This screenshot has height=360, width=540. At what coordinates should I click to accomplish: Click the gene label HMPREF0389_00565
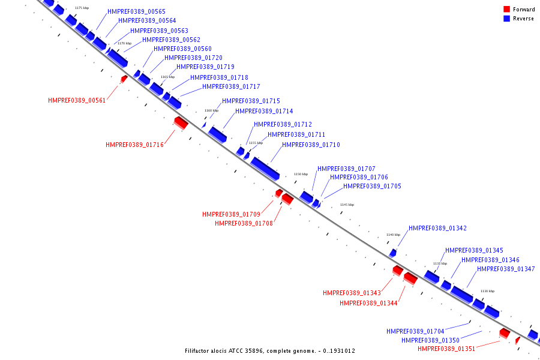136,12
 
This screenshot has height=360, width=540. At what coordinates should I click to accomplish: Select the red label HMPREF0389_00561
77,100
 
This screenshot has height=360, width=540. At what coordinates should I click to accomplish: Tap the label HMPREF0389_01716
134,145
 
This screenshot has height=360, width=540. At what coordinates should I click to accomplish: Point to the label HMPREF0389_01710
311,145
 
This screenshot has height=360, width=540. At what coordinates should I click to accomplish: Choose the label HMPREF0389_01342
437,228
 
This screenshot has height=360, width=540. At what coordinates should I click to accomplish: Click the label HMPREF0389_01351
446,349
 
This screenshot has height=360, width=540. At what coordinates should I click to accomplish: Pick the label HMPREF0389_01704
415,331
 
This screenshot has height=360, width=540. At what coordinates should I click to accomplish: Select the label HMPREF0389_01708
244,223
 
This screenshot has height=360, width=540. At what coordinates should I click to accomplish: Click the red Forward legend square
507,9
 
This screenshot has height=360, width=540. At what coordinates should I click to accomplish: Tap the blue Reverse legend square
507,19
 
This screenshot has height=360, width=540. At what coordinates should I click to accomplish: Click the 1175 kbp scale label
82,8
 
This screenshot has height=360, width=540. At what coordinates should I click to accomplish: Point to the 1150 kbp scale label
301,174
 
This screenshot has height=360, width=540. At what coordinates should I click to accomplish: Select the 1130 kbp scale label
487,291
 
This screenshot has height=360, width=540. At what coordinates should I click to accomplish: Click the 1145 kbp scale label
347,205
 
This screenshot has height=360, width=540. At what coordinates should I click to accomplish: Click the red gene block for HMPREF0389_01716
181,123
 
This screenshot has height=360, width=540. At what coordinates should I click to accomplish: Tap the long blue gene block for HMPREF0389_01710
265,168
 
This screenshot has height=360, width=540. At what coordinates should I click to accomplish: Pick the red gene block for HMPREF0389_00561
124,79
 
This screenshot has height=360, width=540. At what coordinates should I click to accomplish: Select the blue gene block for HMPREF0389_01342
393,253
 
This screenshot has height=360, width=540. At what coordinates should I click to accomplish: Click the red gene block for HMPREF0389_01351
505,333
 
